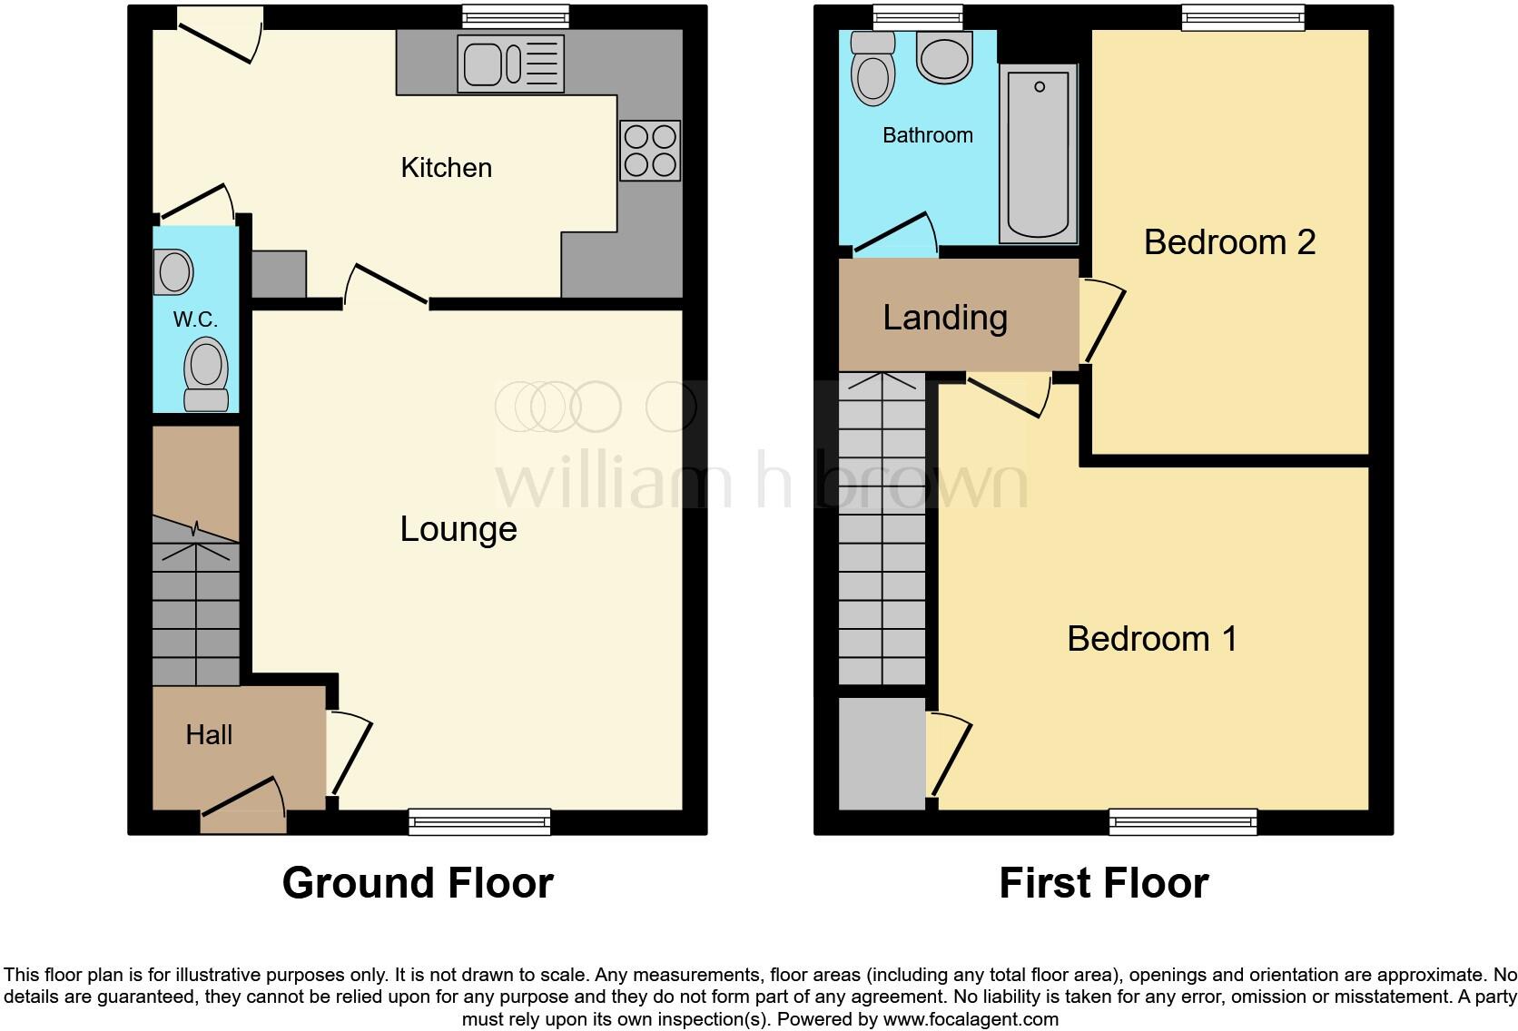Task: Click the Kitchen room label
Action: click(446, 168)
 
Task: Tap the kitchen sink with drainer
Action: click(511, 64)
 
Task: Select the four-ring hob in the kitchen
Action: click(650, 151)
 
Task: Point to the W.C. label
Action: click(195, 319)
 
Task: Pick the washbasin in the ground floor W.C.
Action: click(173, 271)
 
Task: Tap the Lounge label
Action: click(458, 529)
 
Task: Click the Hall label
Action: click(209, 735)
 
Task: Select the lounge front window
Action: click(479, 821)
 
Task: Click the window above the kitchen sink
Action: click(515, 16)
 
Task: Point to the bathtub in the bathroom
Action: click(1038, 153)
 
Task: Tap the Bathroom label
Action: click(927, 136)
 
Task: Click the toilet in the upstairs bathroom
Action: click(872, 68)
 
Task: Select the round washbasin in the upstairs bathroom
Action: click(945, 56)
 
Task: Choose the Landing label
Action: click(945, 318)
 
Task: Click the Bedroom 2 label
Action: click(1229, 242)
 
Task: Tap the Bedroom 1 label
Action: click(1152, 639)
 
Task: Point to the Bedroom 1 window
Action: click(1183, 821)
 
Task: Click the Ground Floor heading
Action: click(418, 883)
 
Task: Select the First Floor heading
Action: click(1103, 883)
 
